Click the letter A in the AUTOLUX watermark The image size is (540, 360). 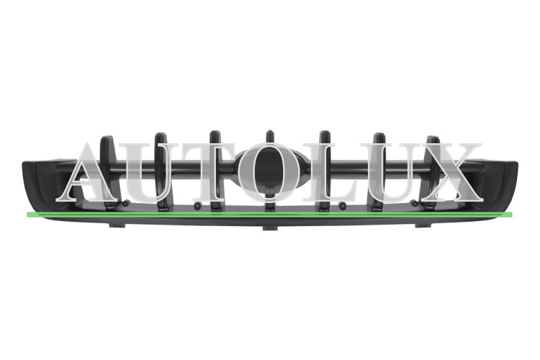coord(89,172)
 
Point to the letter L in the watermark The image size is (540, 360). coord(326,172)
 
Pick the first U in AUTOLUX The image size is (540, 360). coord(151,173)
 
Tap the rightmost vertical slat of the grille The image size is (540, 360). coord(433,172)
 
